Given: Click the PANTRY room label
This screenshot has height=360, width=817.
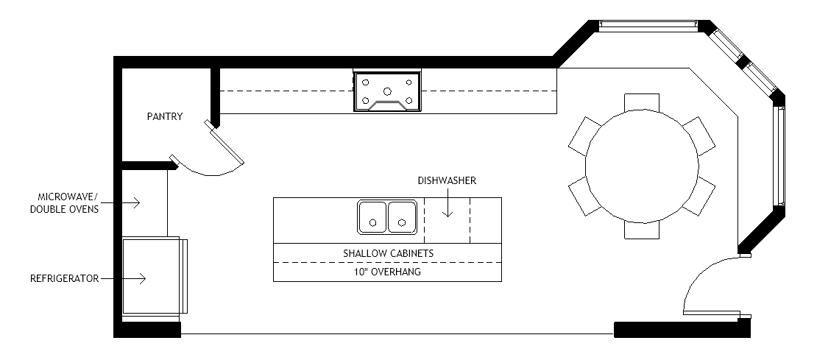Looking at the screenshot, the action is [x=165, y=117].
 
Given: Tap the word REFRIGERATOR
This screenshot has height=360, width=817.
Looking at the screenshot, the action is [x=65, y=279].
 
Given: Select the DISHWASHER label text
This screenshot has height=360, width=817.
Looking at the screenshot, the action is [x=447, y=181].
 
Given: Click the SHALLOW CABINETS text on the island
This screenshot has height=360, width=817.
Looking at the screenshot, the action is [x=388, y=254].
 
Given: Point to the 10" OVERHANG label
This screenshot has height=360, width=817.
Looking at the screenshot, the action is [x=387, y=272].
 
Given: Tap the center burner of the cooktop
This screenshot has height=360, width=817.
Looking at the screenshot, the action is [x=387, y=92].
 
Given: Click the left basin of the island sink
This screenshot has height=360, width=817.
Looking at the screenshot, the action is [x=372, y=216].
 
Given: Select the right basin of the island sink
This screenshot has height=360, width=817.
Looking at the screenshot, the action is [x=402, y=216].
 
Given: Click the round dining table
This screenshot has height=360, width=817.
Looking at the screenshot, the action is [x=642, y=166].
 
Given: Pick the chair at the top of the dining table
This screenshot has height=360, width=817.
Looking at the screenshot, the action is [x=642, y=102].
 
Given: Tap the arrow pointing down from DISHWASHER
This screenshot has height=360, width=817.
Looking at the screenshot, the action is [x=447, y=203].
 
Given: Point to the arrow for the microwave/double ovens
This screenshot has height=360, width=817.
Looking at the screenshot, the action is [x=120, y=203].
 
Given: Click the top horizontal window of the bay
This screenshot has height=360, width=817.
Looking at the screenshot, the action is [x=648, y=24].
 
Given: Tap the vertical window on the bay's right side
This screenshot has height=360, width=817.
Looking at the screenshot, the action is [x=781, y=156].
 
